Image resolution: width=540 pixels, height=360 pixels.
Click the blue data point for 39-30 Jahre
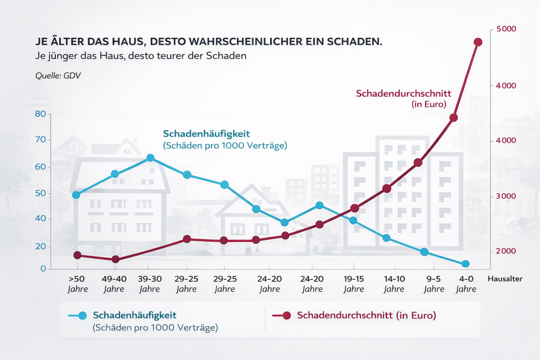150,158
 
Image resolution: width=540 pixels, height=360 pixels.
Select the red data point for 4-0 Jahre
478,42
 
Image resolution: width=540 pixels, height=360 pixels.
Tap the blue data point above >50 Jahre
76,195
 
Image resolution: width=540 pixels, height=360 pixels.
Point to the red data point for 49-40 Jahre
115,259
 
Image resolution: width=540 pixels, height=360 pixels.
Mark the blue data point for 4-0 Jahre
465,264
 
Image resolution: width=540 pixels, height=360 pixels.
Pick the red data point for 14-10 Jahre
387,188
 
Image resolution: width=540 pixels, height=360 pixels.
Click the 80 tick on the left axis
40,114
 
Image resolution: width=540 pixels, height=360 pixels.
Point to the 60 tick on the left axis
40,167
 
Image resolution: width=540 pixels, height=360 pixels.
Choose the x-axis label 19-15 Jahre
354,284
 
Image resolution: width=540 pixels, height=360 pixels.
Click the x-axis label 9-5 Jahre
433,284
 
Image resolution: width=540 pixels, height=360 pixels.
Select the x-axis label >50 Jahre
77,284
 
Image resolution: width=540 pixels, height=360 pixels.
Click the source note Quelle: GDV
57,75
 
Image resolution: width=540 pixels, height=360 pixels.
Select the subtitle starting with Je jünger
139,55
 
